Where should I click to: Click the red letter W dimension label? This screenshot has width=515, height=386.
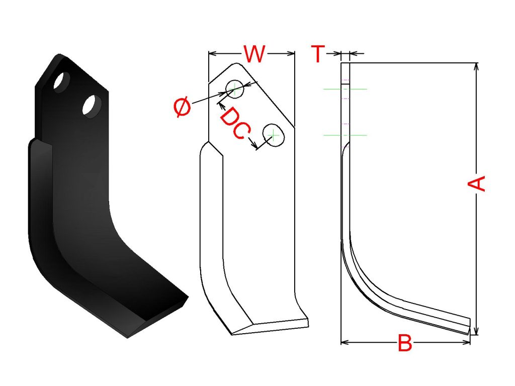pyautogui.click(x=254, y=54)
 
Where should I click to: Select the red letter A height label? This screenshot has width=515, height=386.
pyautogui.click(x=476, y=183)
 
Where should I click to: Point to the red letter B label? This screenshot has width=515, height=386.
pyautogui.click(x=405, y=343)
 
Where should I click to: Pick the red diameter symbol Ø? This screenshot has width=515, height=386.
pyautogui.click(x=182, y=107)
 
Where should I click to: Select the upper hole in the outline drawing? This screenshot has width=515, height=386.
pyautogui.click(x=234, y=88)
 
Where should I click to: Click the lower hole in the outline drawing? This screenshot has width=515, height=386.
pyautogui.click(x=273, y=135)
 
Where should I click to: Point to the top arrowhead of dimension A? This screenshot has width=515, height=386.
pyautogui.click(x=477, y=66)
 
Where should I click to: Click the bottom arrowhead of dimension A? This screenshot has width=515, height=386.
pyautogui.click(x=477, y=331)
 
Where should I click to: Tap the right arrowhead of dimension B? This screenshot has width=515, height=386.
pyautogui.click(x=466, y=343)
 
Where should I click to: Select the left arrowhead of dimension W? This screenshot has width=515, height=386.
pyautogui.click(x=213, y=53)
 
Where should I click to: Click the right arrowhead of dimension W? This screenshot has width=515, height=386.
pyautogui.click(x=291, y=53)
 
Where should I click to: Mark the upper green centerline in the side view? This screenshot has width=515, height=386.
pyautogui.click(x=345, y=89)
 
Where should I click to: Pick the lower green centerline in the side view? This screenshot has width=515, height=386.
pyautogui.click(x=345, y=135)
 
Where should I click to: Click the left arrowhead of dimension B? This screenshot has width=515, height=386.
pyautogui.click(x=345, y=343)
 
